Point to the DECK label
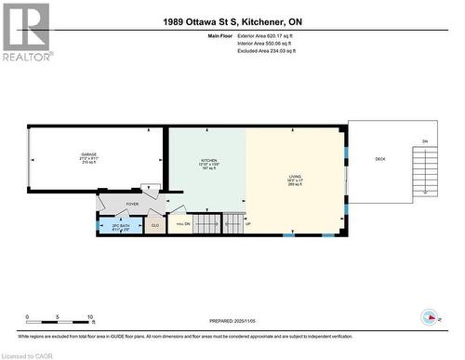pyautogui.click(x=379, y=159)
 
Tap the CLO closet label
pyautogui.click(x=154, y=224)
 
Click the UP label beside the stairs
pyautogui.click(x=247, y=224)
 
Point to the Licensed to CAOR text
pyautogui.click(x=27, y=353)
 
